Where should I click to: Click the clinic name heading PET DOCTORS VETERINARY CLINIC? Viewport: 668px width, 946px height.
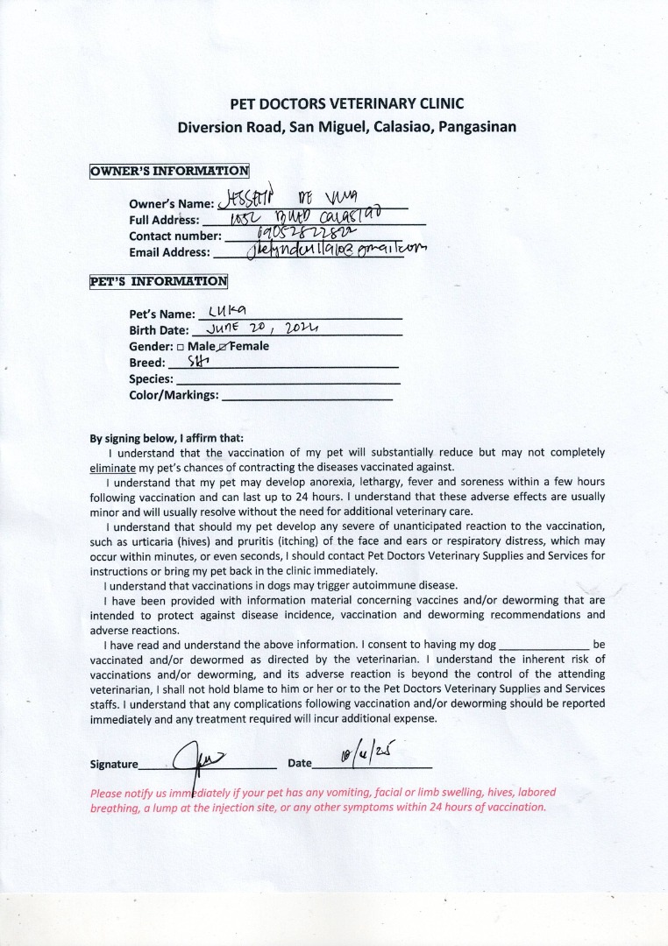(x=346, y=103)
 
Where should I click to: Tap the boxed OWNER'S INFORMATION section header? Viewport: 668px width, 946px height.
(x=169, y=171)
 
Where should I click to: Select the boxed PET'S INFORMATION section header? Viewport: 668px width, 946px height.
(x=159, y=281)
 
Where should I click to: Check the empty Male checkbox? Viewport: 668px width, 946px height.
(x=180, y=346)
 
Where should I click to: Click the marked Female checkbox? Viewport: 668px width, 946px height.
(x=224, y=346)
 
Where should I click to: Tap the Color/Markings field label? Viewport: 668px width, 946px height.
(x=174, y=395)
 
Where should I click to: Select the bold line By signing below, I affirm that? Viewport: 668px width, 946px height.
(x=167, y=438)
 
